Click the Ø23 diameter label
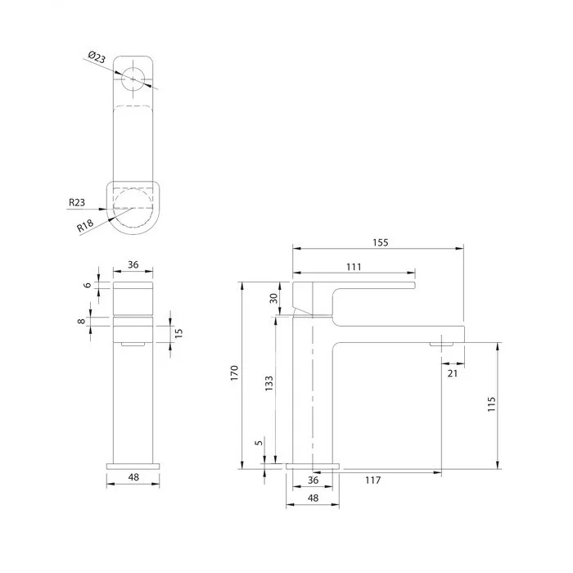pos(97,57)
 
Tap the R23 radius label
pos(77,202)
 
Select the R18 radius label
pos(85,225)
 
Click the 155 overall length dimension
pos(381,242)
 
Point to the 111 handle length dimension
pos(354,267)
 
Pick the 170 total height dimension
pos(234,373)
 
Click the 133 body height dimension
pos(269,383)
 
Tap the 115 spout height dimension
pos(491,404)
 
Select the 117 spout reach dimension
pos(372,481)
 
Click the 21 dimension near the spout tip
pos(453,373)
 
